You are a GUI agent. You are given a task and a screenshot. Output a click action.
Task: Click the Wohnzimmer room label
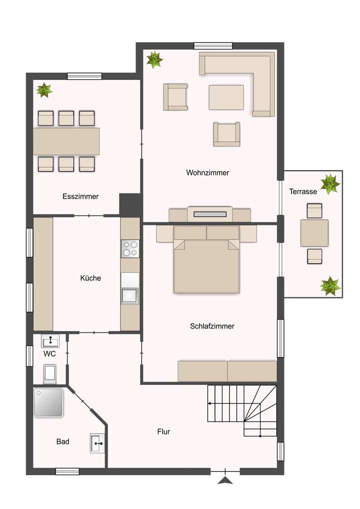[207, 172]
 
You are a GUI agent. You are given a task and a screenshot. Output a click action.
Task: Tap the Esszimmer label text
[80, 196]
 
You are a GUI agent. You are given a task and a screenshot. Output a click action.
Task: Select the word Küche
[90, 278]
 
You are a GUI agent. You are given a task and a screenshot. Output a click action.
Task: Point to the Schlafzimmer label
[212, 326]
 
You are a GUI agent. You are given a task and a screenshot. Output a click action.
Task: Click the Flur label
[163, 431]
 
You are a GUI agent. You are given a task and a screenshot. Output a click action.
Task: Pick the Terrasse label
[302, 191]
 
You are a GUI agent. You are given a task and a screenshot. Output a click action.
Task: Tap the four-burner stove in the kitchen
[130, 248]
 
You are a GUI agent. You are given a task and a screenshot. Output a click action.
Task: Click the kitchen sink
[130, 295]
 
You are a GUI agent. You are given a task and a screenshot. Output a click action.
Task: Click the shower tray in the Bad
[48, 402]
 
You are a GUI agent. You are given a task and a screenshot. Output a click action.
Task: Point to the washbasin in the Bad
[97, 443]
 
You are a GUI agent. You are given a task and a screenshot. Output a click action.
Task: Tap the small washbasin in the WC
[50, 341]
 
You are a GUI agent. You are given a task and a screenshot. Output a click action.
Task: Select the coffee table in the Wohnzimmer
[226, 97]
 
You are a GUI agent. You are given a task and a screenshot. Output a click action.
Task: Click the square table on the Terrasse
[314, 233]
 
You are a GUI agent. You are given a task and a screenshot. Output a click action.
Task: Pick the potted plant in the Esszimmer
[44, 90]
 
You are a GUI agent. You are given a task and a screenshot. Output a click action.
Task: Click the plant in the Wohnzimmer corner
[154, 60]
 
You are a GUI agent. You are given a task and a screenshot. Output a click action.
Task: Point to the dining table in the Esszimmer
[66, 141]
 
